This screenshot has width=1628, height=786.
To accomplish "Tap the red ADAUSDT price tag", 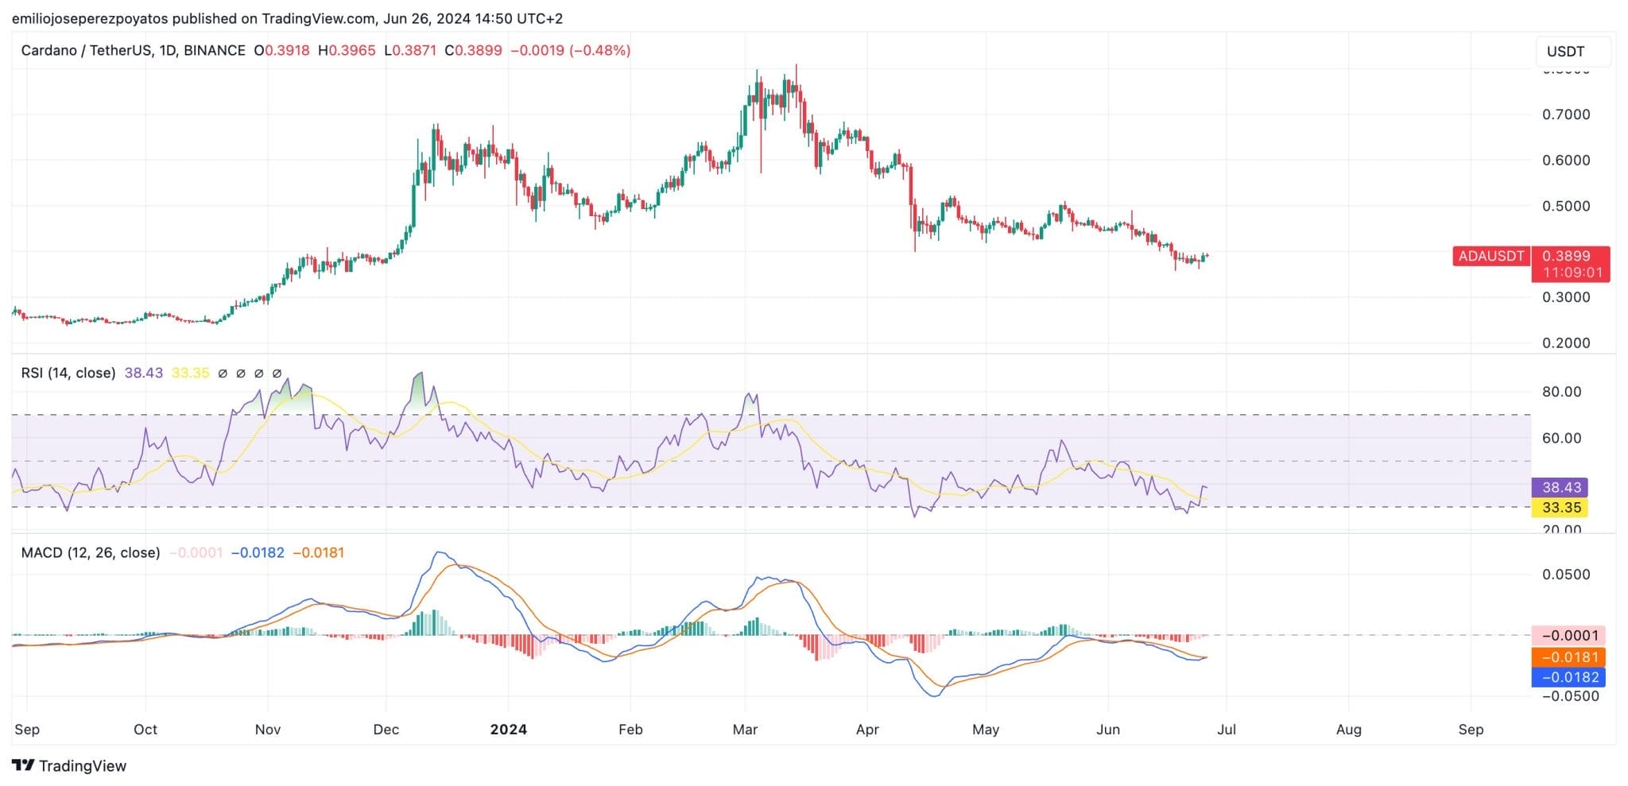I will [1490, 256].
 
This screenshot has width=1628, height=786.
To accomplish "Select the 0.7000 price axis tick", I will [1566, 114].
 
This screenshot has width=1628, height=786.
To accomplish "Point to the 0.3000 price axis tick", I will [1566, 297].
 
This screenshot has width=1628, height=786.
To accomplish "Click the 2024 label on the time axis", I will [508, 729].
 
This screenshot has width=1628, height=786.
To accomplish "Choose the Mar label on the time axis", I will [745, 729].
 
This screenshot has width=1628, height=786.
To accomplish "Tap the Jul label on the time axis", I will [1227, 729].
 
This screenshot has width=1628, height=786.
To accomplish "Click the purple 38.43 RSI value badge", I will [1560, 487].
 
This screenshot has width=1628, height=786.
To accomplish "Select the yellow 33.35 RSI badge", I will [1560, 508].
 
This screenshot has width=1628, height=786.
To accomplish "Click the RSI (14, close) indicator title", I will [68, 373].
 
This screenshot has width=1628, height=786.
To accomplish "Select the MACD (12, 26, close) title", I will [91, 552].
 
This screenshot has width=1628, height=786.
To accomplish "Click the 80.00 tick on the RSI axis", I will [1561, 392].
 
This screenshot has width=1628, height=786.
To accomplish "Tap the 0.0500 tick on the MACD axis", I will [1566, 575].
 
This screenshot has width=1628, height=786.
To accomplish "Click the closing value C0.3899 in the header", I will [474, 50].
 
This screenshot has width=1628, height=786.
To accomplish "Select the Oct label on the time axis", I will [145, 729].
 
